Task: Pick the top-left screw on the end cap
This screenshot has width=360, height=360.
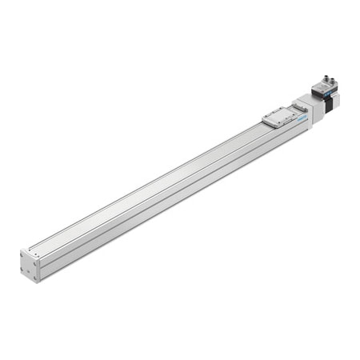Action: pos(24,255)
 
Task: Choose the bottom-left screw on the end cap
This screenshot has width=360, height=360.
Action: pos(24,271)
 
